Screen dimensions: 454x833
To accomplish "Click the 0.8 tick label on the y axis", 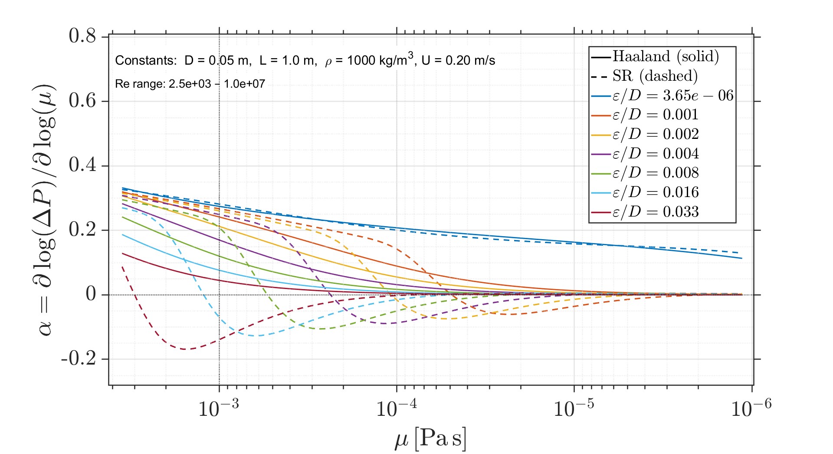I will pyautogui.click(x=82, y=36).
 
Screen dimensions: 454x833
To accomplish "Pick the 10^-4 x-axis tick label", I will pyautogui.click(x=396, y=408).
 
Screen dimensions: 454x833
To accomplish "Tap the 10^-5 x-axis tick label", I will pyautogui.click(x=574, y=408).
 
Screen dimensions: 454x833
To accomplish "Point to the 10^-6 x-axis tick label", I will pyautogui.click(x=751, y=408).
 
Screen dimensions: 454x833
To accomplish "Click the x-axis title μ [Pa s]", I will pyautogui.click(x=430, y=438).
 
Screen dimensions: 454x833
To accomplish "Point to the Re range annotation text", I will pyautogui.click(x=190, y=84).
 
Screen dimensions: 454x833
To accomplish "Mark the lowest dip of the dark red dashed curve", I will pyautogui.click(x=186, y=349).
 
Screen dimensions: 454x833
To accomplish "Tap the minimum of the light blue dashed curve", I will pyautogui.click(x=257, y=336).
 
